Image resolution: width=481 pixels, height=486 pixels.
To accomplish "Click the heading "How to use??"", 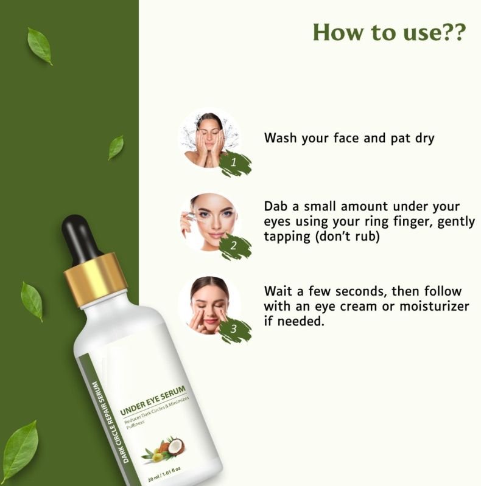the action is pyautogui.click(x=390, y=32).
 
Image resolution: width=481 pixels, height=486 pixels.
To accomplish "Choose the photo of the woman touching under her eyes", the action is pyautogui.click(x=209, y=305).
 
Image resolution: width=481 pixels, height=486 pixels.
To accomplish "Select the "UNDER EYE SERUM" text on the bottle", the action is pyautogui.click(x=153, y=400).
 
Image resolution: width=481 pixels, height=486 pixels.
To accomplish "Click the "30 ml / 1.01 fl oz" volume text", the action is pyautogui.click(x=164, y=474).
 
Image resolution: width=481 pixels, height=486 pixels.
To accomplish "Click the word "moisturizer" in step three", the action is pyautogui.click(x=434, y=306).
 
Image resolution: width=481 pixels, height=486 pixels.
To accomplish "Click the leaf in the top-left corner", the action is pyautogui.click(x=40, y=46).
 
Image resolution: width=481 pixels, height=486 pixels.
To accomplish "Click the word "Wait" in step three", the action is pyautogui.click(x=279, y=291).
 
